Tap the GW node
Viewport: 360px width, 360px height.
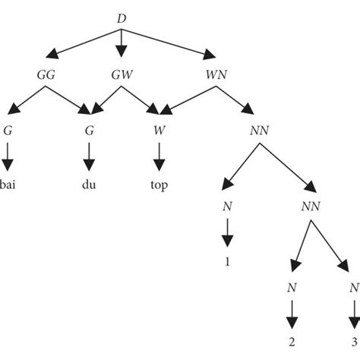click(x=122, y=76)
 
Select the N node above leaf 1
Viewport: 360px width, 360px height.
click(x=226, y=206)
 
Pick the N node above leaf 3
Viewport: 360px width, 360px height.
click(x=352, y=288)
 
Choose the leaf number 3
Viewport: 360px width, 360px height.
click(x=352, y=342)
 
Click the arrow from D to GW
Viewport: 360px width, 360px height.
click(x=122, y=44)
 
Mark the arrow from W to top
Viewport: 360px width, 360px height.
click(x=159, y=158)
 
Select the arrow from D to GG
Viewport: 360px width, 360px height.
click(x=84, y=43)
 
